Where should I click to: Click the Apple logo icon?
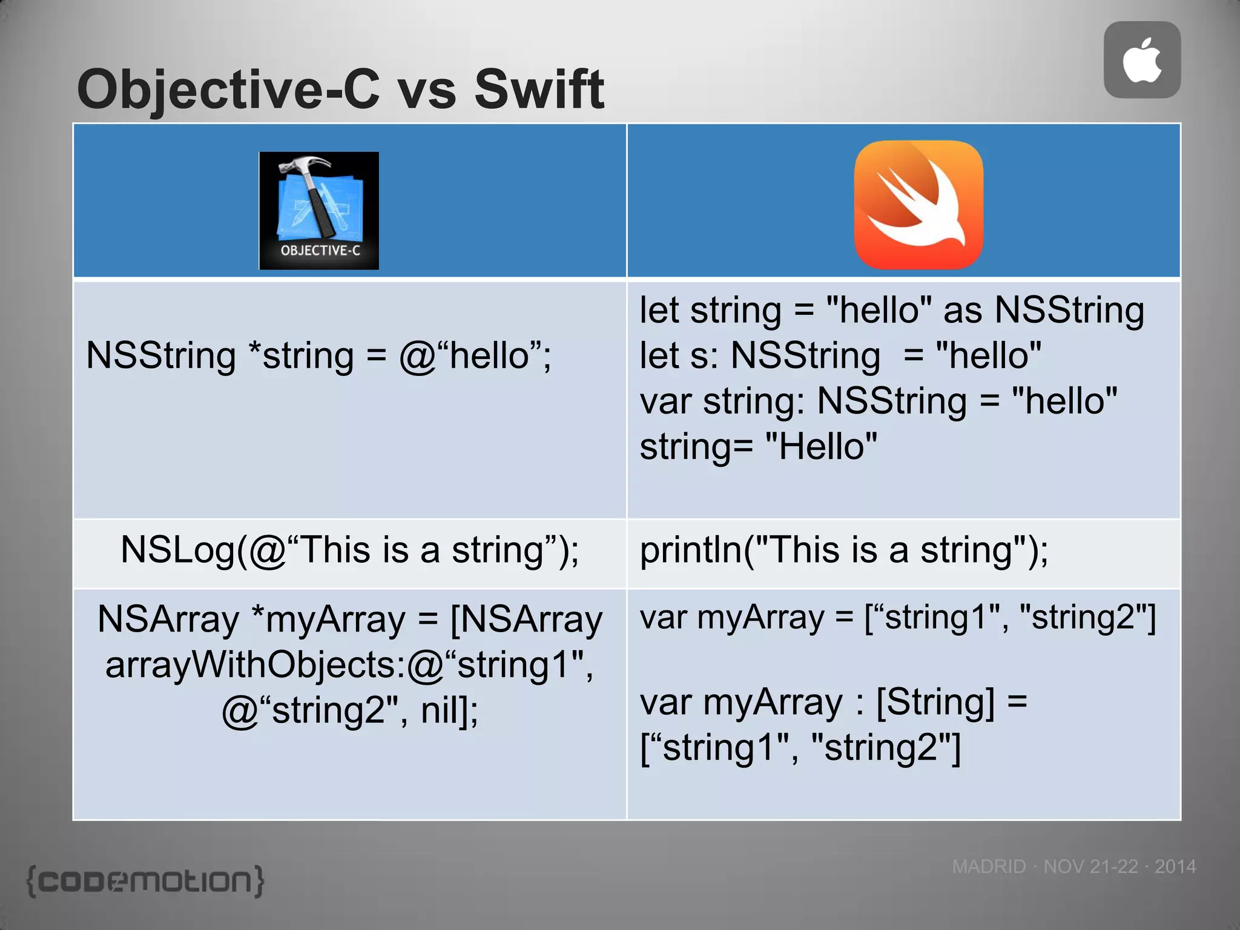pyautogui.click(x=1142, y=60)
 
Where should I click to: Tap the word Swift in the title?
pyautogui.click(x=539, y=90)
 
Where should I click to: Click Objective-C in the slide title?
pyautogui.click(x=229, y=90)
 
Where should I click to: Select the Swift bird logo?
pyautogui.click(x=918, y=205)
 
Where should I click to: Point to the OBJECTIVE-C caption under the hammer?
pyautogui.click(x=320, y=251)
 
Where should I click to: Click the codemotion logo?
pyautogui.click(x=145, y=881)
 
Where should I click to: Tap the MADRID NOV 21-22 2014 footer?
pyautogui.click(x=1073, y=866)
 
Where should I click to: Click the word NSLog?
pyautogui.click(x=176, y=550)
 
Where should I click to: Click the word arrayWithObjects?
pyautogui.click(x=254, y=665)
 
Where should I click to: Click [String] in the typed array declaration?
pyautogui.click(x=935, y=702)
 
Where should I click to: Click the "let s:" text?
pyautogui.click(x=678, y=355)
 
